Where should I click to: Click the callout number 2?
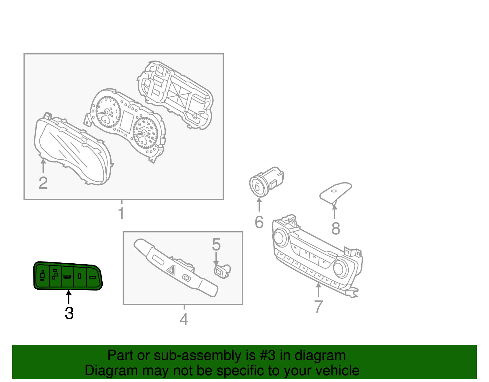click(x=43, y=183)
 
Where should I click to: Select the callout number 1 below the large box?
click(x=121, y=213)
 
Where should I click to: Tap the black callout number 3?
click(x=69, y=313)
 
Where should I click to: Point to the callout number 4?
click(x=184, y=320)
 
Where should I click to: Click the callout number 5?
click(x=216, y=245)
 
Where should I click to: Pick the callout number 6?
click(x=259, y=222)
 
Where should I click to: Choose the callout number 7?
click(x=318, y=306)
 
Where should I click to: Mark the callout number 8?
click(x=336, y=228)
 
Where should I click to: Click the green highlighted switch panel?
click(x=68, y=276)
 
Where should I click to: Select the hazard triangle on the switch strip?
click(x=171, y=269)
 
